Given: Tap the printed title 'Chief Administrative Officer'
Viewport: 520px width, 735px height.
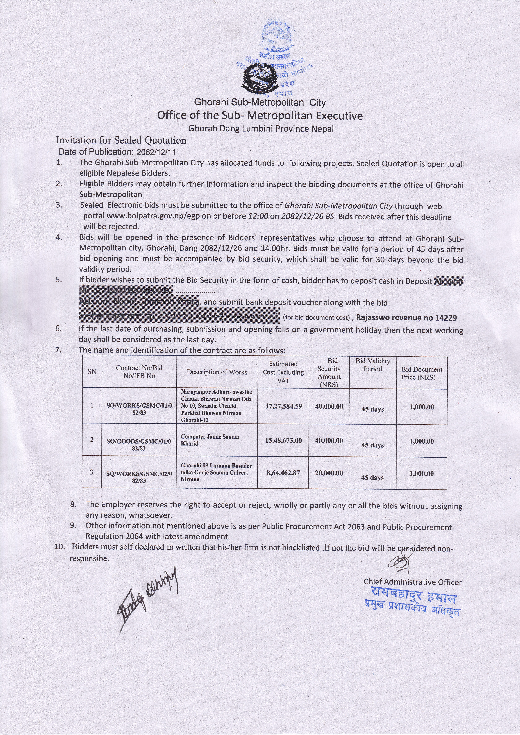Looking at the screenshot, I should [x=413, y=582].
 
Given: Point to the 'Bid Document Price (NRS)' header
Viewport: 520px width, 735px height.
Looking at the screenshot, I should [x=422, y=373].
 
